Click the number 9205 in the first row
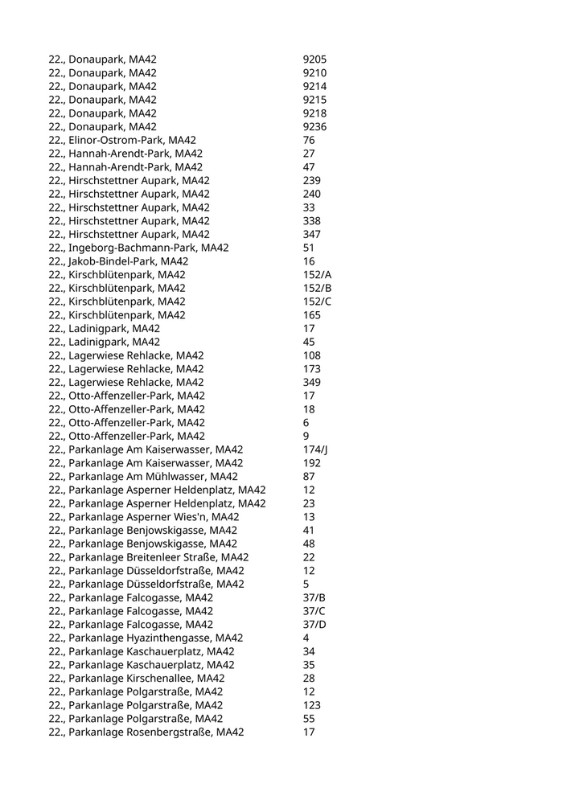pos(314,59)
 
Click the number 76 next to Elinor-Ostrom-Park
pos(309,140)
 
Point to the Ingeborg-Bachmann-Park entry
pos(138,248)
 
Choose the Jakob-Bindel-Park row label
pos(118,261)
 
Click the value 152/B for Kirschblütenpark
pos(317,288)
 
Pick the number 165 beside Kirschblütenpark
pos(311,315)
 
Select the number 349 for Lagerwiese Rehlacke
pos(311,382)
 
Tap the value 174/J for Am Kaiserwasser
pos(315,449)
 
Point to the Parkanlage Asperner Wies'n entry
pos(143,516)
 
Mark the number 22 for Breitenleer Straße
pos(309,557)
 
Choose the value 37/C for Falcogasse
pos(314,611)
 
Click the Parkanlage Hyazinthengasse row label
pos(146,638)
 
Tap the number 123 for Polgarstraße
pos(311,705)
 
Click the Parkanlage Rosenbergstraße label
pos(146,732)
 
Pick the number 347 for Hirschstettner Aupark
pos(311,234)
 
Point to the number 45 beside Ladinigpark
pos(309,342)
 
